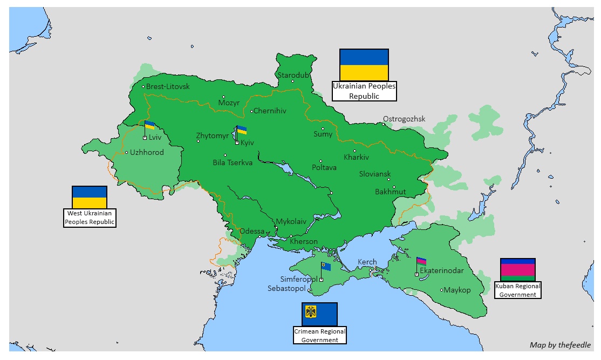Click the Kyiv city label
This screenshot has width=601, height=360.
(247, 143)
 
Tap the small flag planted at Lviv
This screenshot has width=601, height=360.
(149, 126)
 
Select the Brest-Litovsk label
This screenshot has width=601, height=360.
(168, 86)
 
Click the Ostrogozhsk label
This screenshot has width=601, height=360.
(404, 119)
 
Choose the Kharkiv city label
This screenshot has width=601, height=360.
(356, 158)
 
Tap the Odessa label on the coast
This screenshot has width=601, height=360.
(252, 231)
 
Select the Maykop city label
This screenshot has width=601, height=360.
(457, 290)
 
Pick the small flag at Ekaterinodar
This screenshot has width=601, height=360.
(421, 261)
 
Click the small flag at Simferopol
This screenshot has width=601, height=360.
(326, 266)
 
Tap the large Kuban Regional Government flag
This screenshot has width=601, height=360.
(517, 270)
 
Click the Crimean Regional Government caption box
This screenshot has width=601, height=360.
(319, 335)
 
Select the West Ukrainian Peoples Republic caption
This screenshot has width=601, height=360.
(90, 218)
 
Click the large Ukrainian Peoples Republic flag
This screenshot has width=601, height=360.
(364, 65)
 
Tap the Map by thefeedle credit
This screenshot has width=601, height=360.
(560, 345)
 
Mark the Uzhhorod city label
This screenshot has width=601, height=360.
(147, 152)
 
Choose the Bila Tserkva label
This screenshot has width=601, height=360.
(233, 162)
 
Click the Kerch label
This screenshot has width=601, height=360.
(367, 262)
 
